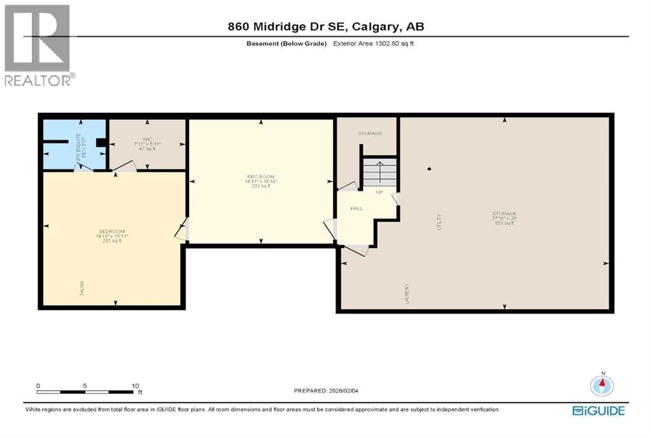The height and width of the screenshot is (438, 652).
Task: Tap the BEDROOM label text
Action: pos(111,231)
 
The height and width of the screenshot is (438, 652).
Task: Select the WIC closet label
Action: pos(147,139)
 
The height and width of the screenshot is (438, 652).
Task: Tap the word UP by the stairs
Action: pos(379,192)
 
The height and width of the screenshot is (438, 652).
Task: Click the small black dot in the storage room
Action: pos(430,169)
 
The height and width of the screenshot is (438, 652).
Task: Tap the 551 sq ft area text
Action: pos(503,223)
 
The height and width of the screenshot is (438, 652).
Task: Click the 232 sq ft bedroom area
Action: pos(111,240)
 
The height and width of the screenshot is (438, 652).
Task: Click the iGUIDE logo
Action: pos(598,411)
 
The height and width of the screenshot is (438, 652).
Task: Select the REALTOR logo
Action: pos(38,45)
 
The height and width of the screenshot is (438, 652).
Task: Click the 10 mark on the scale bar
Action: pos(134,386)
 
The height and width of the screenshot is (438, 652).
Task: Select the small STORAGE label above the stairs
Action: pos(369,133)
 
